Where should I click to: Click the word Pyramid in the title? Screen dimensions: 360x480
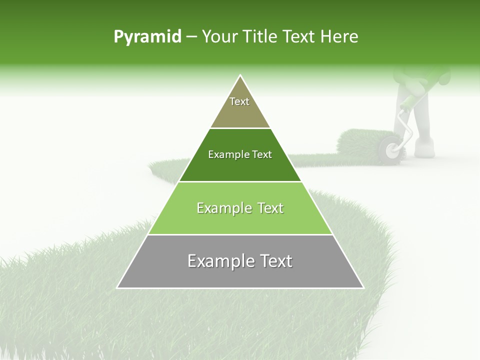(x=147, y=37)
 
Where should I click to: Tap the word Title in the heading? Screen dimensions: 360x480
(x=260, y=37)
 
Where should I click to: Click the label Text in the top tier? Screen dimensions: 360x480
(x=239, y=101)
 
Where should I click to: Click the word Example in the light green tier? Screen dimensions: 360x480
(x=223, y=208)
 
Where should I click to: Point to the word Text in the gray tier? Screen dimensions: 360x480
(x=274, y=261)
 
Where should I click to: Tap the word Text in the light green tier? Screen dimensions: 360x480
(x=268, y=208)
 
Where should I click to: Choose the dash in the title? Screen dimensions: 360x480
(x=191, y=37)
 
